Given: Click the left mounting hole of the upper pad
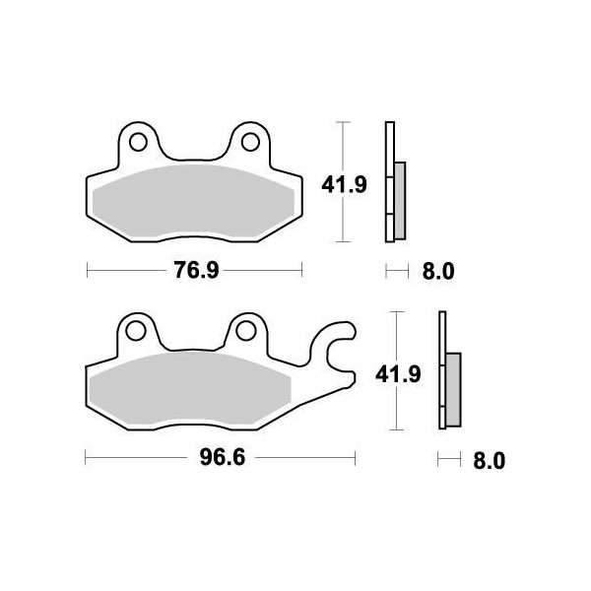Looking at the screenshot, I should coord(139,142).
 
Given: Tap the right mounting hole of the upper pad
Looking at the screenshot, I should coord(250,142).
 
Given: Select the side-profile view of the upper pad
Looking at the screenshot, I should coord(393,183).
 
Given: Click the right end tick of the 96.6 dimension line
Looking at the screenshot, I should coord(355,459).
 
